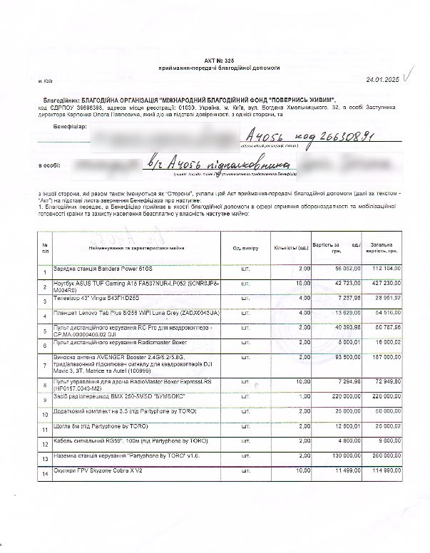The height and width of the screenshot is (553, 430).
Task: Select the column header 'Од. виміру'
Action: click(245, 248)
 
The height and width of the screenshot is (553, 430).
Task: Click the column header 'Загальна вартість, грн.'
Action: click(382, 248)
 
